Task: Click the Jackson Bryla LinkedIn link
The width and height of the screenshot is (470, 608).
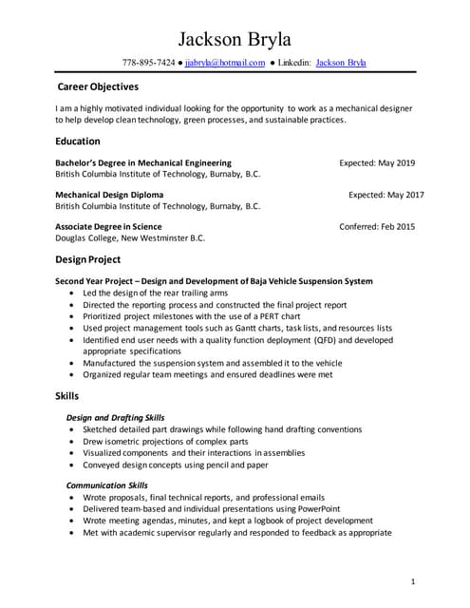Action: [x=341, y=63]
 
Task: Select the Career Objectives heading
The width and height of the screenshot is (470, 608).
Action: [x=98, y=86]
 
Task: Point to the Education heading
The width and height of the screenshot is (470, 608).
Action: [x=78, y=141]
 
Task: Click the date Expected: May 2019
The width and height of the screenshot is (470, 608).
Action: [x=377, y=162]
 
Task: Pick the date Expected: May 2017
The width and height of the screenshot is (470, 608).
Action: [x=386, y=194]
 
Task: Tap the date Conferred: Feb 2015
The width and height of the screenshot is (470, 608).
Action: [x=377, y=226]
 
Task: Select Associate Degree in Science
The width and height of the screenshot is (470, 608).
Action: [x=108, y=226]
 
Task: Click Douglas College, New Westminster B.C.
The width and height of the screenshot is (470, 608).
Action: [x=130, y=238]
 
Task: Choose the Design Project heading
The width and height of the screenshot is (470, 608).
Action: [x=88, y=259]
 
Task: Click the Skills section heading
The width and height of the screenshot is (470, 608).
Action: [x=67, y=395]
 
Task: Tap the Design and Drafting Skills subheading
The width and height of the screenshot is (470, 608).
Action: [x=115, y=417]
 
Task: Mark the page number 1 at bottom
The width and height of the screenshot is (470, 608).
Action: [x=414, y=580]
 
